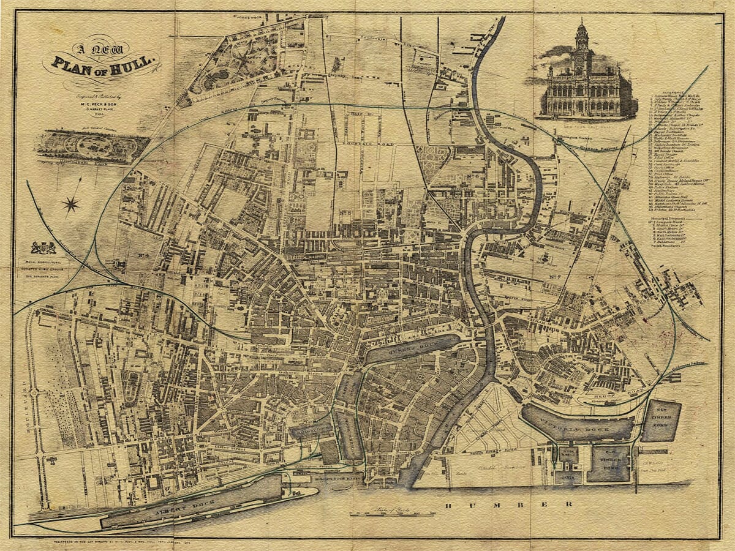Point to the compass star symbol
pos(71,204)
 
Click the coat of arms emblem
pos(43,248)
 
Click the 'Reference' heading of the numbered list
pos(674,91)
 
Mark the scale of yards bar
pos(386,513)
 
